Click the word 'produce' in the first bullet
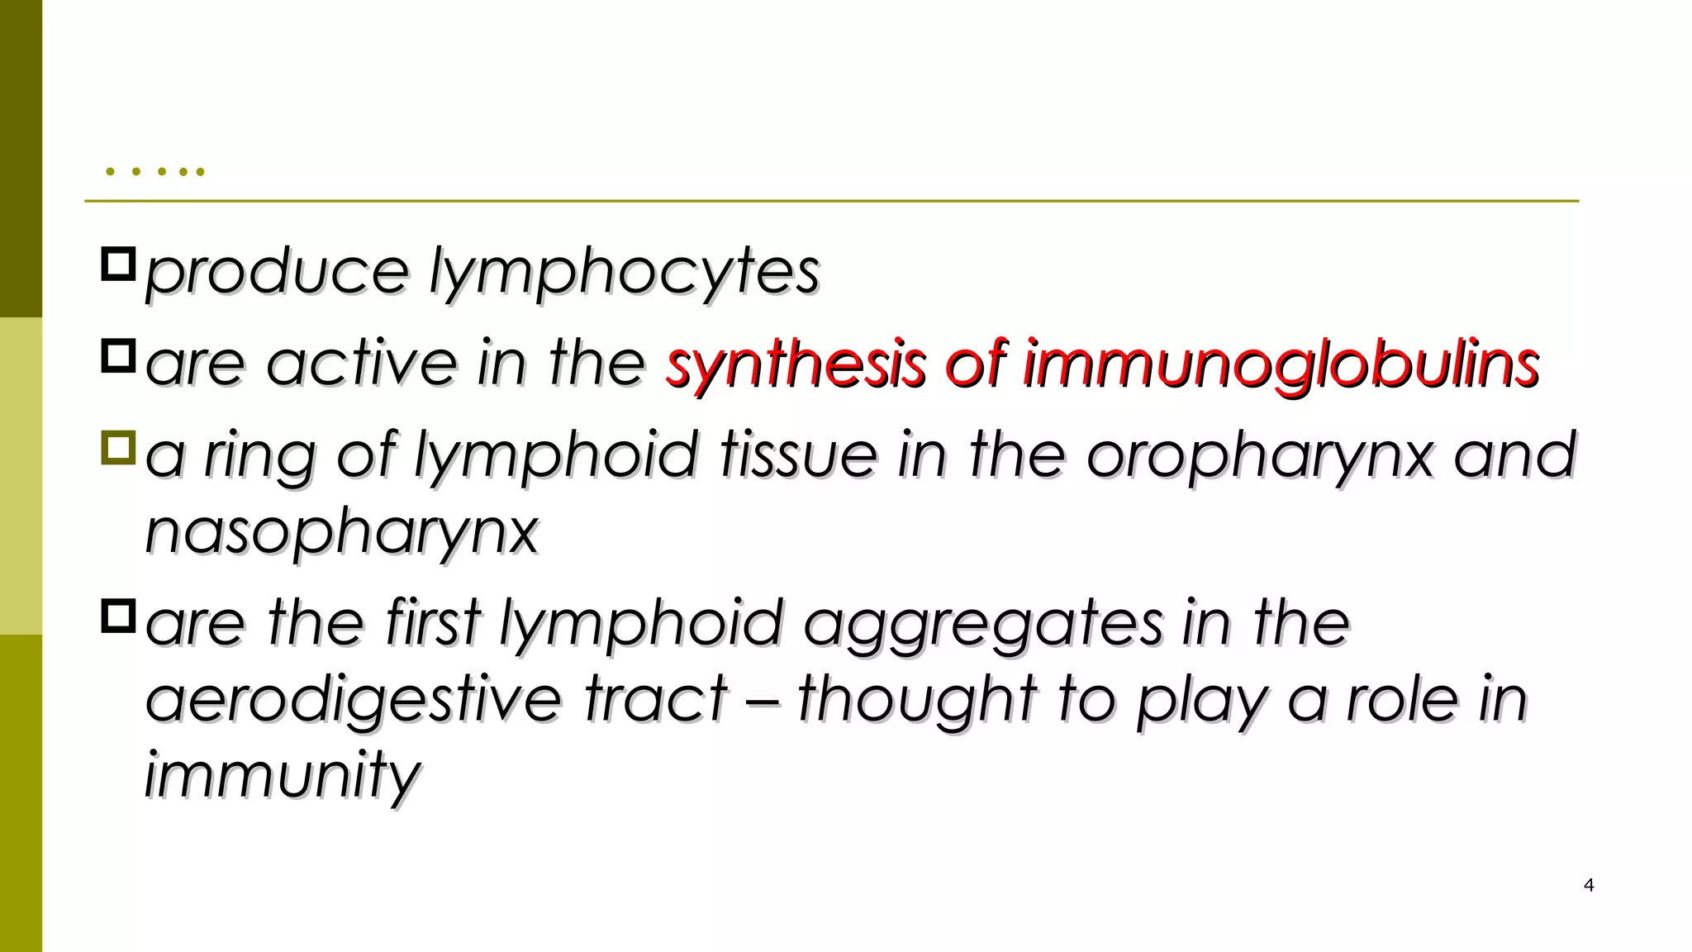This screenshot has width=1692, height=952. tap(277, 273)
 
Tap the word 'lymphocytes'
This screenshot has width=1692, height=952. tap(625, 273)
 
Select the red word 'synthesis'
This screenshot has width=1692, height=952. tap(795, 364)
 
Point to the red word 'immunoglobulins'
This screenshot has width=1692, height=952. tap(1281, 364)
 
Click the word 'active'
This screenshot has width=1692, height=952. tap(362, 364)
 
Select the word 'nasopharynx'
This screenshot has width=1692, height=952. tap(342, 532)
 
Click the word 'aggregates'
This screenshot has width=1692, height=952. tap(983, 625)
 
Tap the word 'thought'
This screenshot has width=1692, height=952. tap(917, 699)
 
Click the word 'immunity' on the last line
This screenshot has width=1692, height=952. tap(283, 775)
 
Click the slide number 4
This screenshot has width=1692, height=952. tap(1588, 885)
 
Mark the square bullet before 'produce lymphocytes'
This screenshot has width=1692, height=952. tap(118, 264)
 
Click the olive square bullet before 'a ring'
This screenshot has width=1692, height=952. tap(118, 447)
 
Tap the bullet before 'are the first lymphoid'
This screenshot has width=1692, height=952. tap(118, 616)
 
